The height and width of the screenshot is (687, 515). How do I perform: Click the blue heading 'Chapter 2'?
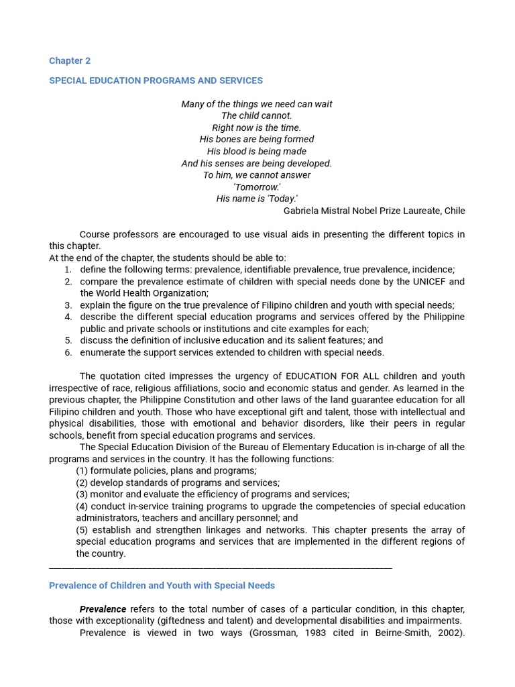70,61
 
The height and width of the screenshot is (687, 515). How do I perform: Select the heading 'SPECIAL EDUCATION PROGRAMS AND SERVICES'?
156,81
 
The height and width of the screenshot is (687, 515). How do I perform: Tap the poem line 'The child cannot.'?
256,116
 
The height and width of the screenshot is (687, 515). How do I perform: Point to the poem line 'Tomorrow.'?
257,187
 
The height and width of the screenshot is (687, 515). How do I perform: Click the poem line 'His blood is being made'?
256,152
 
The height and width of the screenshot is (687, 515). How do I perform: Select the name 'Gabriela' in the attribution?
302,211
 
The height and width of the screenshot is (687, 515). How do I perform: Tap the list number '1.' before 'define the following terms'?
68,270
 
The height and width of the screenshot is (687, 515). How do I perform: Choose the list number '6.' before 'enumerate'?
68,353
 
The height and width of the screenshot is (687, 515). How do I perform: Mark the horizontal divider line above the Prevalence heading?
221,568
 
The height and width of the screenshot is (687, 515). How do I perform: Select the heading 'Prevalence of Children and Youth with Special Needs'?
162,586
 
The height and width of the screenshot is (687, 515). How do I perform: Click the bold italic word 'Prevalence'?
103,609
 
